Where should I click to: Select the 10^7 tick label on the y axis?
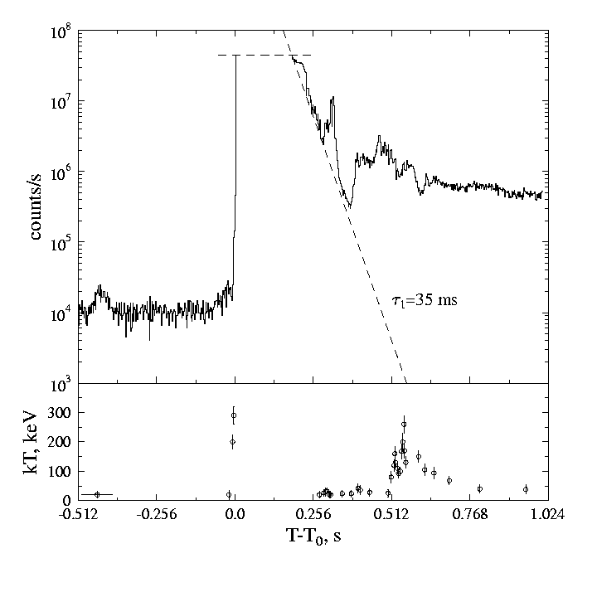tap(61, 103)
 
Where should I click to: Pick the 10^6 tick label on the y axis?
tap(61, 173)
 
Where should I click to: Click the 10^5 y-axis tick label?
tap(61, 244)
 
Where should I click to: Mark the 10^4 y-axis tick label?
tap(61, 314)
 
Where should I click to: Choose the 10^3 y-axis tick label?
tap(61, 385)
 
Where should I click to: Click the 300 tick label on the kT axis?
tap(61, 413)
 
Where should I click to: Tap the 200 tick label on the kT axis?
tap(61, 442)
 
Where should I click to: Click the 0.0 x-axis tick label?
tap(235, 514)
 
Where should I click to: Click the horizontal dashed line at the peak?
tap(265, 55)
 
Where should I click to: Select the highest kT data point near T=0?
tap(234, 415)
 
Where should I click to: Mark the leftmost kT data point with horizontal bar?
tap(97, 494)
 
